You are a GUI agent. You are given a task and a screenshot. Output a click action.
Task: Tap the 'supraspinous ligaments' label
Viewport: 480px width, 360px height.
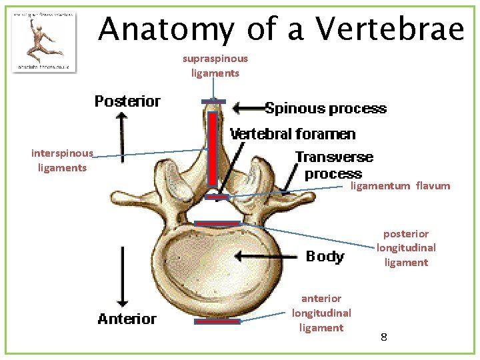click(x=215, y=65)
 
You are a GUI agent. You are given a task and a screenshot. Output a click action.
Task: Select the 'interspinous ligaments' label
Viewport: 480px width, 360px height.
click(x=62, y=161)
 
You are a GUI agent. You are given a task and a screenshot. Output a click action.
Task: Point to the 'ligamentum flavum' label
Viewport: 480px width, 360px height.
click(x=400, y=186)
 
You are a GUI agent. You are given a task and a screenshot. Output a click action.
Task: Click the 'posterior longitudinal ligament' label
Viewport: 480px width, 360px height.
click(x=406, y=248)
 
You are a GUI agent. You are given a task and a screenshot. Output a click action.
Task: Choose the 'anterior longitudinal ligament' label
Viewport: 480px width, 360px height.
click(x=321, y=313)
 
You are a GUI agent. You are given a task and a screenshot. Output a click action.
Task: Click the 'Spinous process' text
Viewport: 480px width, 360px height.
click(x=325, y=109)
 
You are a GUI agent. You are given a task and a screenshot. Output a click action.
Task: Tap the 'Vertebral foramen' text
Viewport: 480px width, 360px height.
click(x=293, y=135)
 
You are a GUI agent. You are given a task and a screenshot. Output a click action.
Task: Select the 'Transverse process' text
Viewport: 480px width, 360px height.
click(x=333, y=165)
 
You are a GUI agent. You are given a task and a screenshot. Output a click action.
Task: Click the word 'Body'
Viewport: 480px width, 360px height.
click(x=325, y=257)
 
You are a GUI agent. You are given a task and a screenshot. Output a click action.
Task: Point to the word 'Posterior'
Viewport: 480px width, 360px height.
click(x=127, y=101)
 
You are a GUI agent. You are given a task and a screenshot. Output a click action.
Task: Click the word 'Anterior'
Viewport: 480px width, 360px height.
click(x=127, y=319)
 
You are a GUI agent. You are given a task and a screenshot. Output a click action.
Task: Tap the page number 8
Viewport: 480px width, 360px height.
click(x=384, y=337)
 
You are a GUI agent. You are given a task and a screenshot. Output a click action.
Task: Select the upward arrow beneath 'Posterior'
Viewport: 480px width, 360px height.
click(x=121, y=133)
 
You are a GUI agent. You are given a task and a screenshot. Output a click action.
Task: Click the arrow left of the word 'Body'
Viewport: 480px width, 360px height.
click(x=266, y=256)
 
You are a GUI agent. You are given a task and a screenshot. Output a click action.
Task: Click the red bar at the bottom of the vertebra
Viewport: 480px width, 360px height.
click(x=217, y=321)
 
